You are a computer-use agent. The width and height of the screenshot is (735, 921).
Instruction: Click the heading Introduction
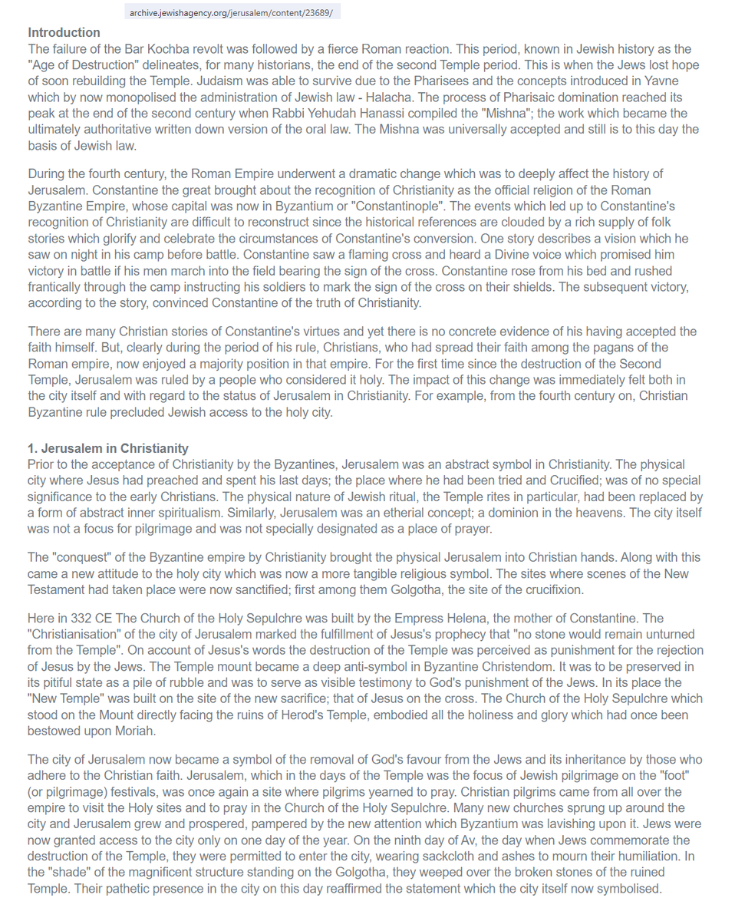64,32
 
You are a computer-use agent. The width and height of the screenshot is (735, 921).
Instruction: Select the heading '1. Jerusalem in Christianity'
108,448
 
